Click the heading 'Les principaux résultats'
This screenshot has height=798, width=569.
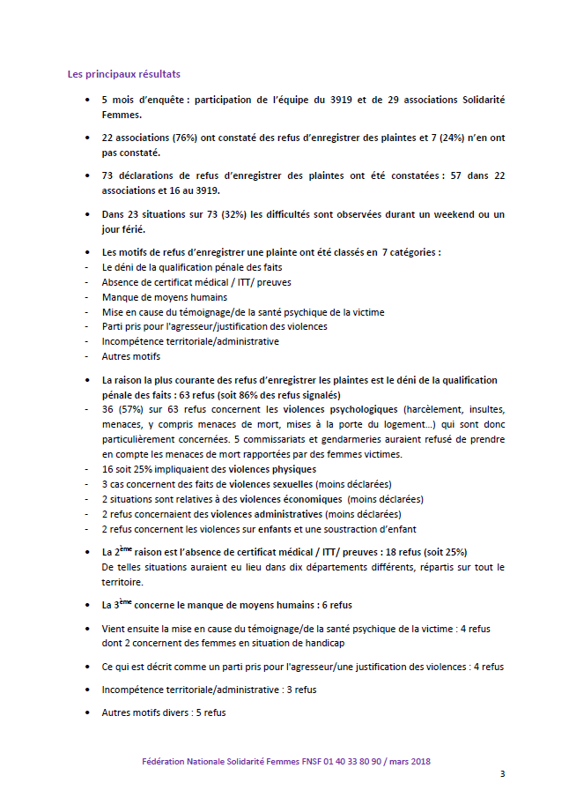pyautogui.click(x=124, y=73)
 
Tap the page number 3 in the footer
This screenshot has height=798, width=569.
pyautogui.click(x=502, y=774)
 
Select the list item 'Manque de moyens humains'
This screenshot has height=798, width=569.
pyautogui.click(x=152, y=297)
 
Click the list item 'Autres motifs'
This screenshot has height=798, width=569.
pyautogui.click(x=131, y=356)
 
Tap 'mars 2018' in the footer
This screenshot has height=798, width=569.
pyautogui.click(x=409, y=761)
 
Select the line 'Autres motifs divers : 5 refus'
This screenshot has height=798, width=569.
pyautogui.click(x=164, y=712)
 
